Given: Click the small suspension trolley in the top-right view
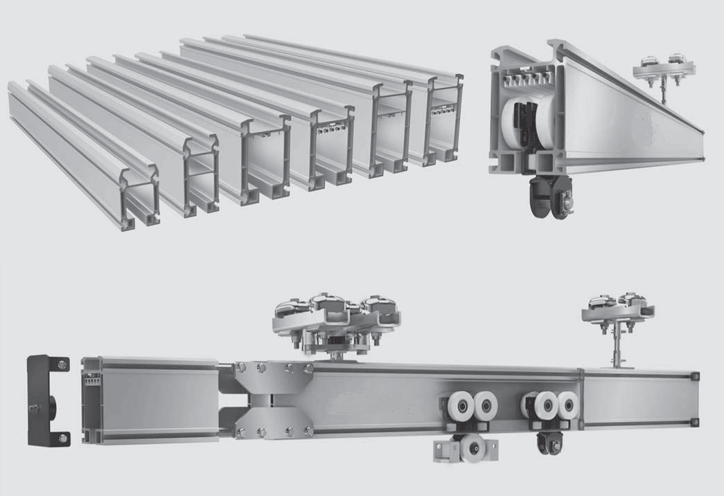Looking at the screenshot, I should (x=663, y=69).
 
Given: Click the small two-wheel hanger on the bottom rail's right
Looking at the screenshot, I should (x=616, y=308).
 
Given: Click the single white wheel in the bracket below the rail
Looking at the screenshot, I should (x=473, y=448).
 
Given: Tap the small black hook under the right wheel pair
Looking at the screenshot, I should (x=550, y=443).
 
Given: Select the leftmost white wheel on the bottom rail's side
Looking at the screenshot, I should (x=458, y=407).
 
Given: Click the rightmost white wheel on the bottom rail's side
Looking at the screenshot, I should (x=567, y=406).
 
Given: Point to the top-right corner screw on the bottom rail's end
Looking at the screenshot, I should (x=695, y=376).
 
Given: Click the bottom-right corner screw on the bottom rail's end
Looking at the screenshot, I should (x=695, y=421).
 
